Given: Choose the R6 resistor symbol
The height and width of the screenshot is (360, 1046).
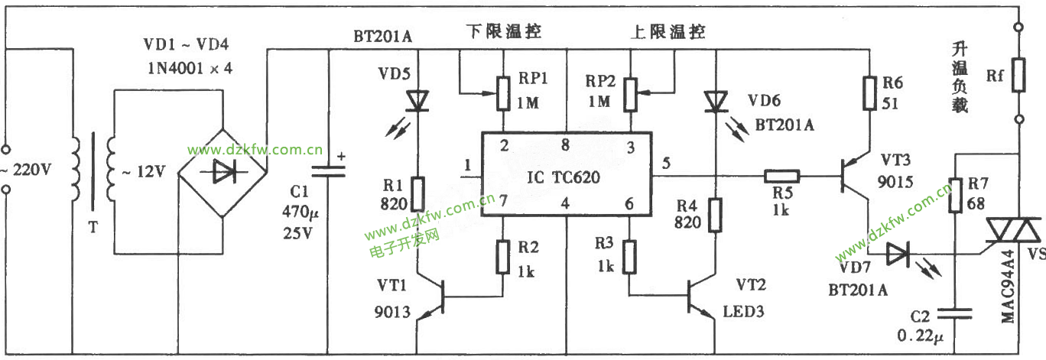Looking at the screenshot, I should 869,92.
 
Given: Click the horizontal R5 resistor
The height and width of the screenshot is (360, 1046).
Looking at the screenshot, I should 781,177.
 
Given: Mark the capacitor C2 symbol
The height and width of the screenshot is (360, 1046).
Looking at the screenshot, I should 955,311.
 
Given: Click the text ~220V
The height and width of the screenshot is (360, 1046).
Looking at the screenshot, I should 28,170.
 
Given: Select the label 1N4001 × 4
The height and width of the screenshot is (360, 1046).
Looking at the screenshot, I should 190,68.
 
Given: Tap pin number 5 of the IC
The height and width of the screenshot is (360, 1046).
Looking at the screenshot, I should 667,162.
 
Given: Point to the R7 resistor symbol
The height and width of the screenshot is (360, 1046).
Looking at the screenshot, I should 955,196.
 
